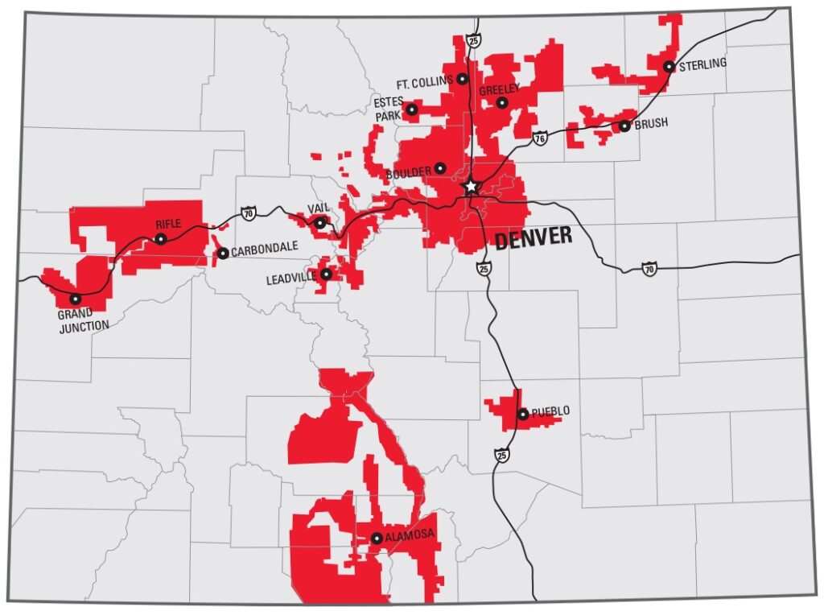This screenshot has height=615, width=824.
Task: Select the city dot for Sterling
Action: pos(669,67)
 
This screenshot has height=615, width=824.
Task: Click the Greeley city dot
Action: pos(502,103)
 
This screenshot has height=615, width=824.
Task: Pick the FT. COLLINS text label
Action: pos(425,82)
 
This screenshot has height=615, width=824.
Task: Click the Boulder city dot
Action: pos(440,168)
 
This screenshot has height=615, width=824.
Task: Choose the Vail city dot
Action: pos(319,223)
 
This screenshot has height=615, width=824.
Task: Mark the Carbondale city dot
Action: pos(223,254)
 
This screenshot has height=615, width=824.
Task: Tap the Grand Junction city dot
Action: pos(76,299)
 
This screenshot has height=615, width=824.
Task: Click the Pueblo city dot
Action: pos(523,415)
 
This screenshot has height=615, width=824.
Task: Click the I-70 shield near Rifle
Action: pos(248,213)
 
